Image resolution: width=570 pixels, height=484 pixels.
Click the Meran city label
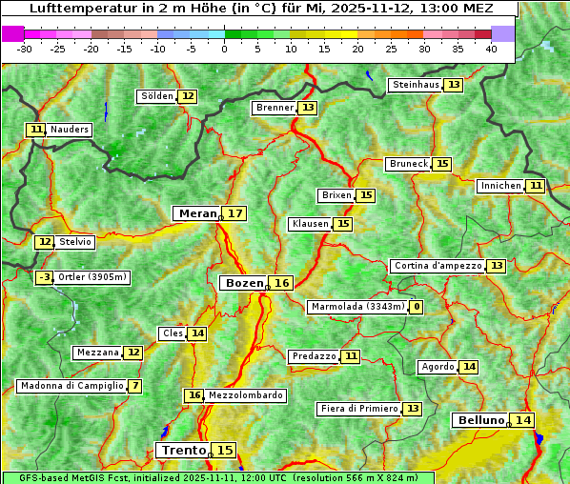pos(197,213)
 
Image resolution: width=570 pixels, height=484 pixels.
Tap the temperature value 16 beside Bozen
pos(281,283)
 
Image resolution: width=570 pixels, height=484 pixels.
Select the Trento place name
pos(183,450)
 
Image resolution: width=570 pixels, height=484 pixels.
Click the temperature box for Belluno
pos(521,420)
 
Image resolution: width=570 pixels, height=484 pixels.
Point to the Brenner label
pos(275,108)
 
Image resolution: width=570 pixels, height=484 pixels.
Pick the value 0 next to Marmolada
pos(416,307)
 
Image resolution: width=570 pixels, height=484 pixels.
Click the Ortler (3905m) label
pos(92,277)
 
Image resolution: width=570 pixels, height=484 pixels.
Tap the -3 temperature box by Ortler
pos(45,277)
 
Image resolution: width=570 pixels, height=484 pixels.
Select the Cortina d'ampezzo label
pos(437,266)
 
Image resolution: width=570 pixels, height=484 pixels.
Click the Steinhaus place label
pos(416,85)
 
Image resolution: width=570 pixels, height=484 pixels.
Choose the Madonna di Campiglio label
pos(71,386)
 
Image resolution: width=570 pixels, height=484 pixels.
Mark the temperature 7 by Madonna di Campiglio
pos(135,386)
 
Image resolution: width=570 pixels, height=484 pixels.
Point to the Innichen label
pos(500,186)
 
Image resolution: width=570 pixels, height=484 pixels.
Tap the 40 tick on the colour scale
pos(491,49)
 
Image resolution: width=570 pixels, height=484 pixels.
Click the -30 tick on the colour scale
pos(24,49)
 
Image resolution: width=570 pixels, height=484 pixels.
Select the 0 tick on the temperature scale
pos(224,49)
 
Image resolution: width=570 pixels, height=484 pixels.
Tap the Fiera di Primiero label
pos(358,409)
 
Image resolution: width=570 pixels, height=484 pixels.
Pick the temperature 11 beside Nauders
pos(36,129)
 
